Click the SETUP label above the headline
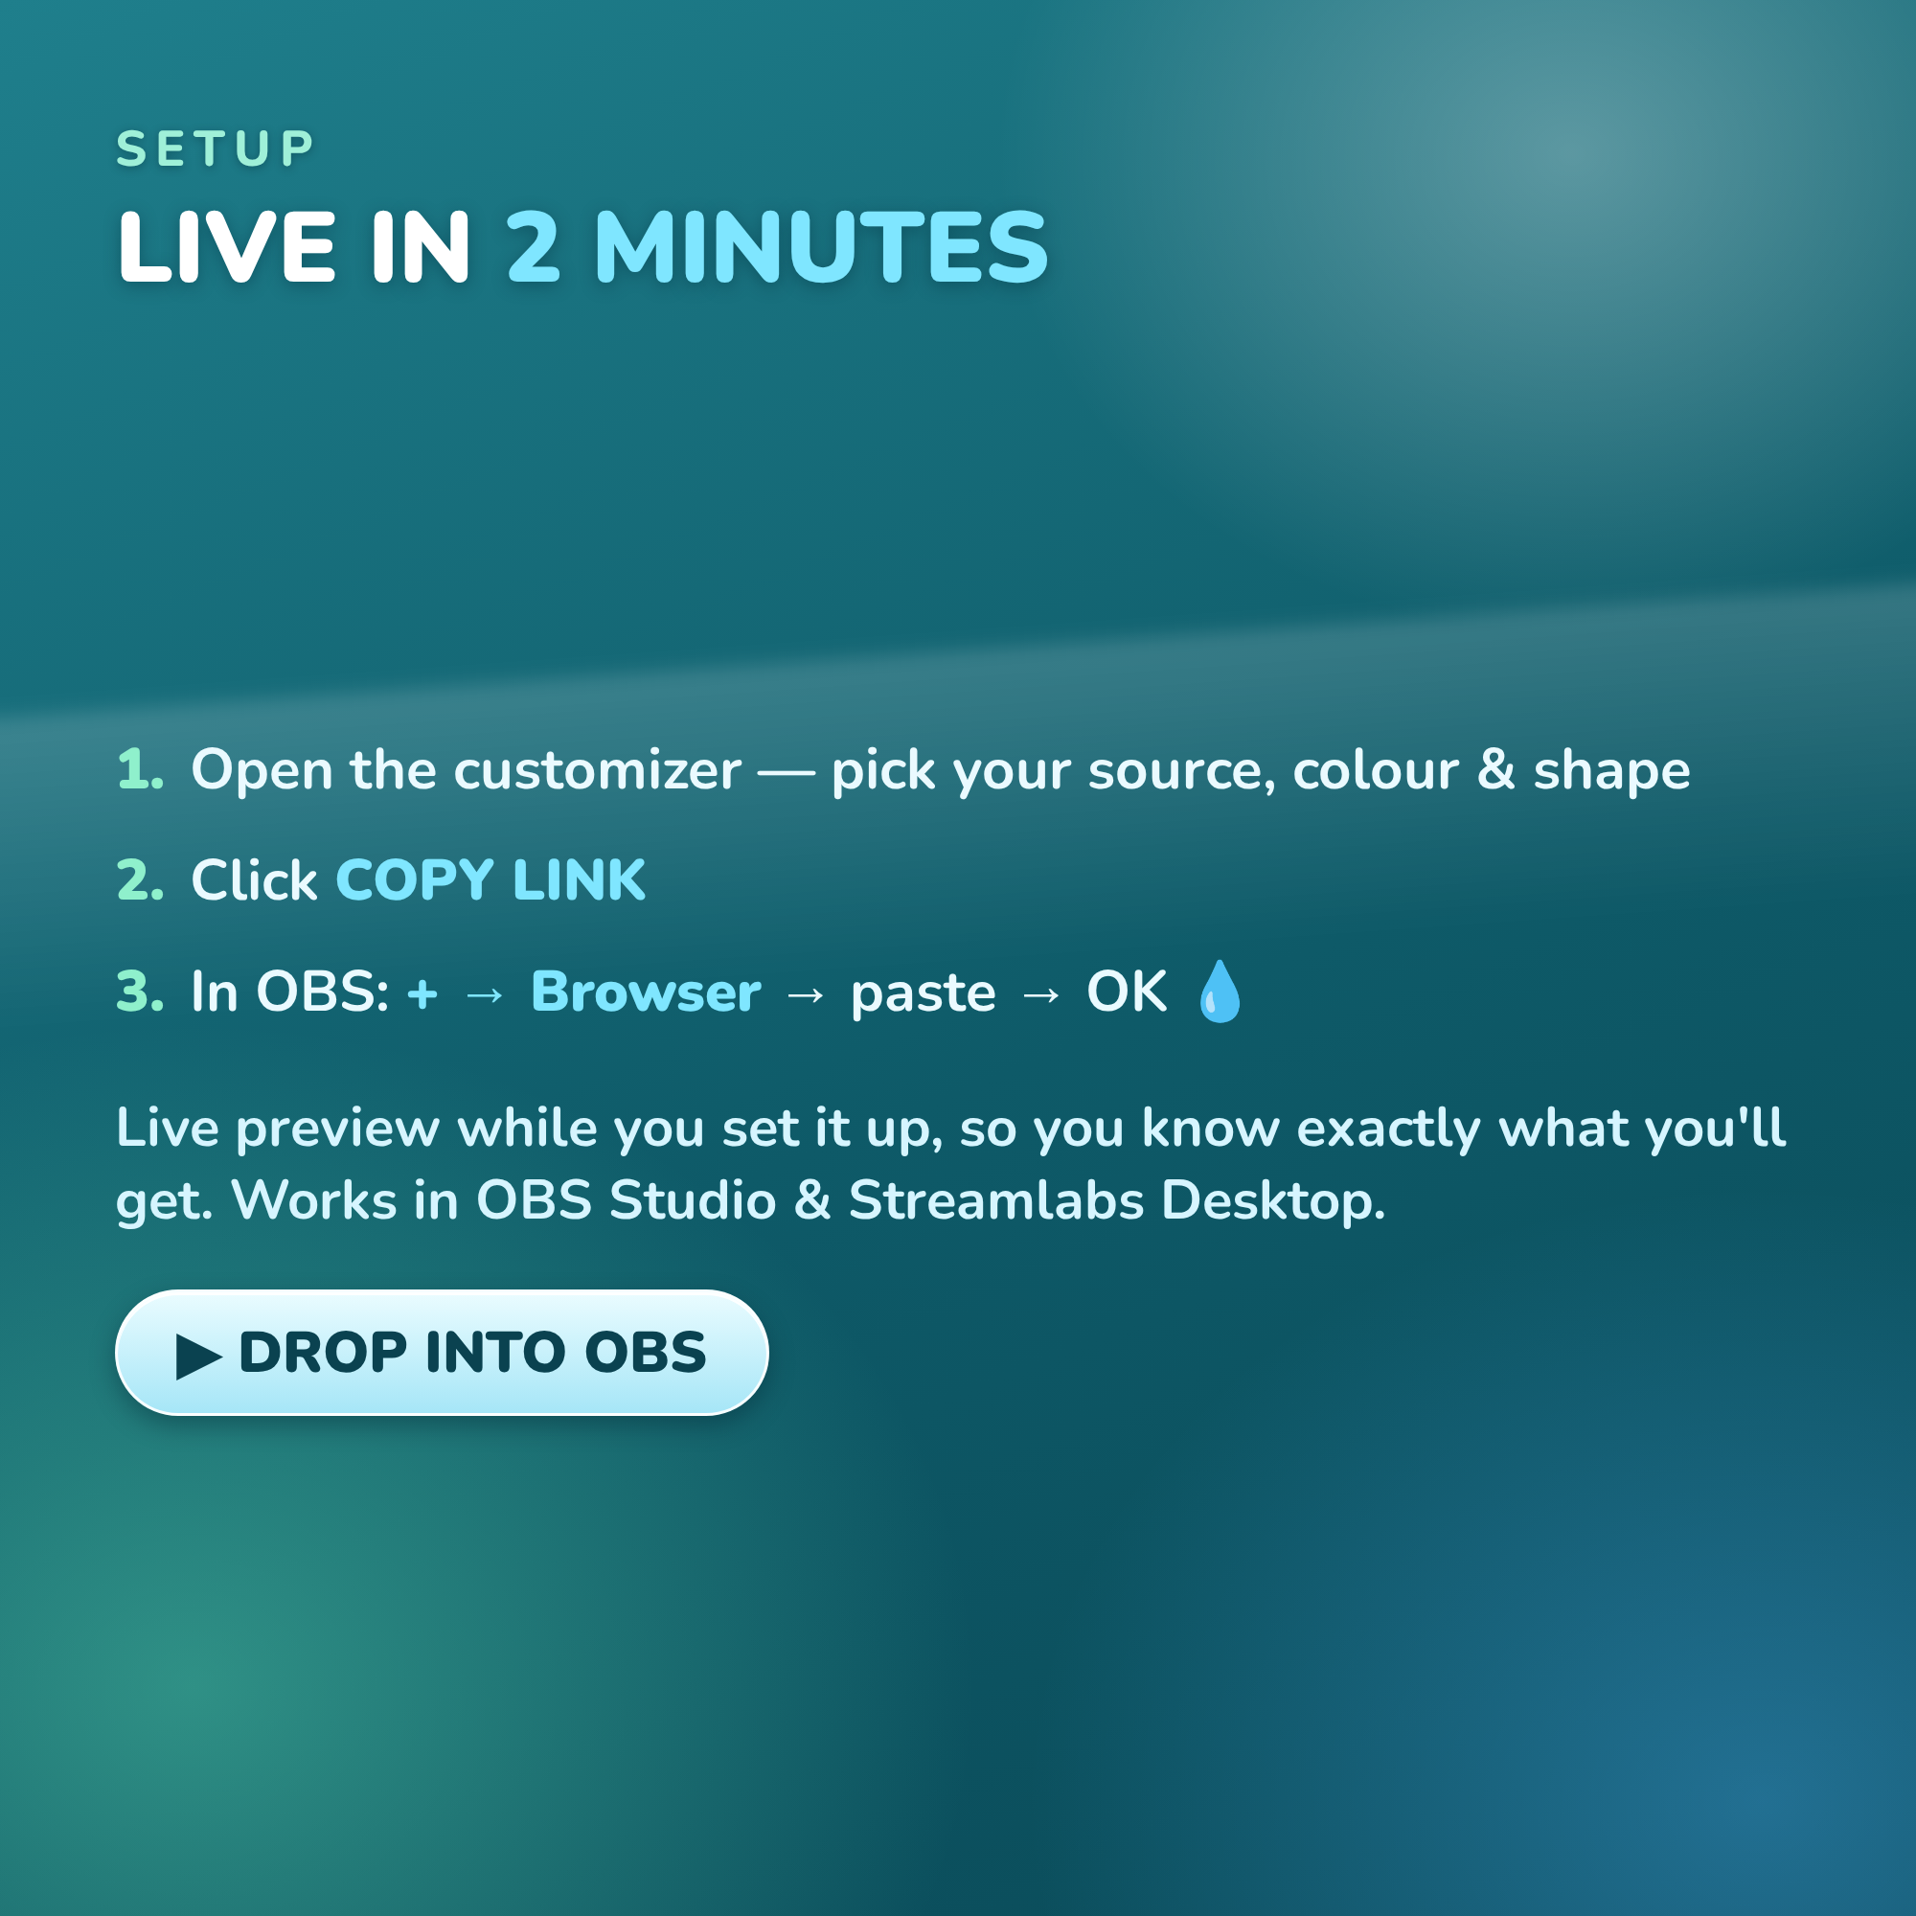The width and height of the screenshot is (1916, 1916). click(x=216, y=148)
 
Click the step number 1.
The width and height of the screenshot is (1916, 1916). click(x=140, y=769)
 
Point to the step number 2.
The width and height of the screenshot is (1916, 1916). click(x=140, y=880)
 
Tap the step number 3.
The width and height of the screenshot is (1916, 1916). click(x=140, y=992)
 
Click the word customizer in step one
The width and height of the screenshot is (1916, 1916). click(x=597, y=769)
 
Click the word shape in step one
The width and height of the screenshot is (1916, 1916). click(x=1612, y=771)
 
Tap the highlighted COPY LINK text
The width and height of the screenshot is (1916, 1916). click(x=490, y=880)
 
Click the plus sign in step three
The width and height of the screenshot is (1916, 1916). click(x=422, y=993)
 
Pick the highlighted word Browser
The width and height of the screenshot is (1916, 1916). click(x=646, y=992)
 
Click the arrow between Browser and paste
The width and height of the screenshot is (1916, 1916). click(x=806, y=993)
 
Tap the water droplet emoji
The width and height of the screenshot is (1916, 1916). click(x=1220, y=991)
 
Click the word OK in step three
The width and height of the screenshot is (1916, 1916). click(x=1127, y=992)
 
